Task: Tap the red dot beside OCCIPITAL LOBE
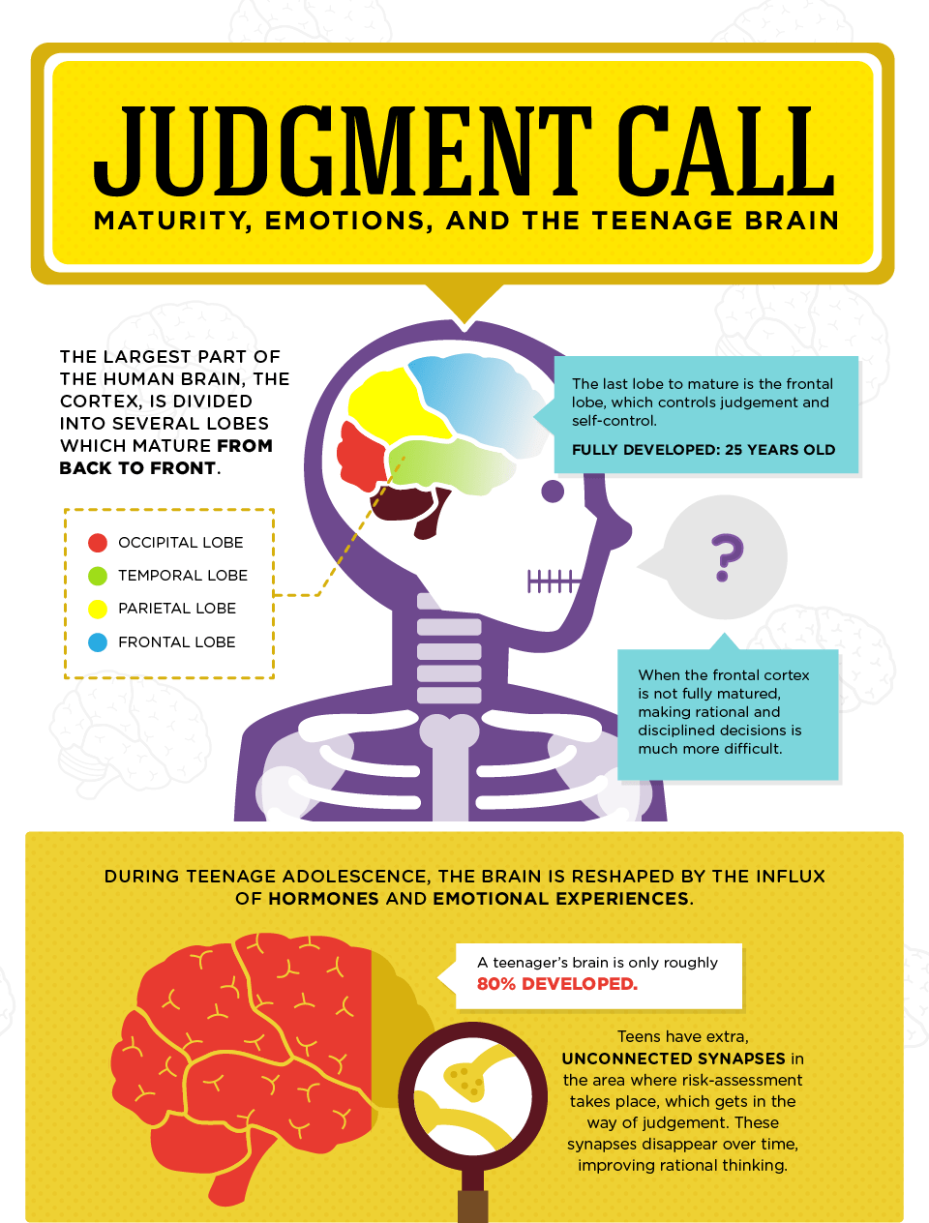pyautogui.click(x=98, y=543)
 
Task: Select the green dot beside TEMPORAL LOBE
pyautogui.click(x=98, y=576)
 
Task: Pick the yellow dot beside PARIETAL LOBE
pyautogui.click(x=98, y=609)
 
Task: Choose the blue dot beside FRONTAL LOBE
pyautogui.click(x=98, y=641)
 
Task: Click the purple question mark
pyautogui.click(x=726, y=556)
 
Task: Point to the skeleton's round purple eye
pyautogui.click(x=553, y=491)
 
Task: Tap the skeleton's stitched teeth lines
pyautogui.click(x=553, y=581)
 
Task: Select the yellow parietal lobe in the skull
pyautogui.click(x=387, y=406)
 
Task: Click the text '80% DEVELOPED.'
pyautogui.click(x=557, y=984)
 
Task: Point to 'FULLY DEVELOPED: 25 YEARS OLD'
pyautogui.click(x=704, y=449)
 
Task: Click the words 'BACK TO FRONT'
pyautogui.click(x=137, y=468)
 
